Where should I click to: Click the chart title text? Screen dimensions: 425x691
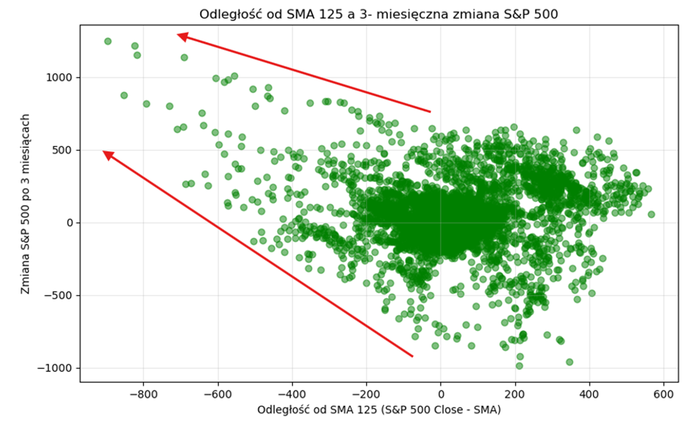(x=378, y=14)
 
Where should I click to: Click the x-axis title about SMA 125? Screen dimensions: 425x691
(x=379, y=410)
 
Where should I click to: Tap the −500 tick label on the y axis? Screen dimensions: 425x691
(x=63, y=295)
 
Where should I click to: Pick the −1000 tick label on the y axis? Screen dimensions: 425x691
(x=60, y=368)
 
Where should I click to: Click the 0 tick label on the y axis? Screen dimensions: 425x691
(x=70, y=223)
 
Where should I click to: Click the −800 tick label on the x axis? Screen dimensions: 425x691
(x=143, y=394)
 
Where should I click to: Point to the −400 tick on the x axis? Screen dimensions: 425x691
(x=292, y=394)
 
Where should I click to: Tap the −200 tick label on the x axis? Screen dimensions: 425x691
(x=366, y=394)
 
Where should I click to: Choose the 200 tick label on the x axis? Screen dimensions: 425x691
(x=515, y=394)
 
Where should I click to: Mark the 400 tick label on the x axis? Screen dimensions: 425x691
(x=589, y=394)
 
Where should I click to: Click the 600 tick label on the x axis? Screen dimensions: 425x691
(x=664, y=394)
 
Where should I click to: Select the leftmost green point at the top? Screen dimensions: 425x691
(x=107, y=41)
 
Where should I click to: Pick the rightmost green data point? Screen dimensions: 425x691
(x=651, y=214)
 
